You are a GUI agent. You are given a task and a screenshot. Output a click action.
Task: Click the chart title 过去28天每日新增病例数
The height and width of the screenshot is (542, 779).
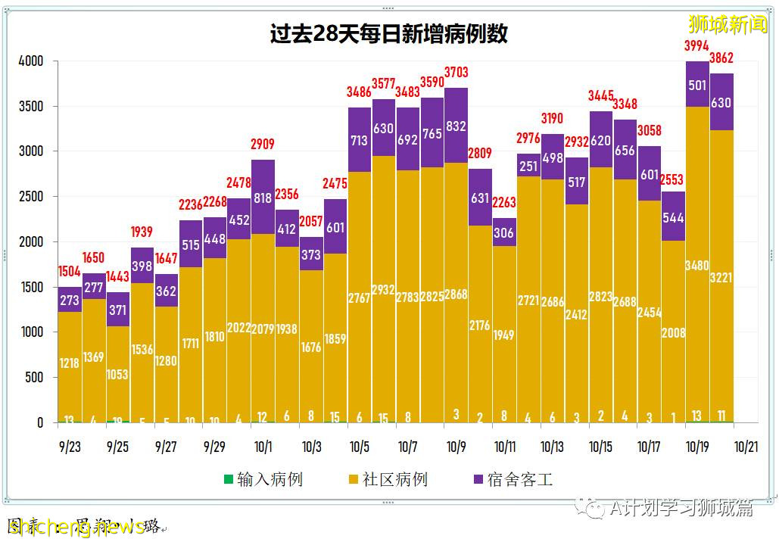[x=388, y=35]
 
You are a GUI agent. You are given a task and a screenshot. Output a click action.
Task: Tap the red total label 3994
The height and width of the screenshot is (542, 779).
[x=696, y=46]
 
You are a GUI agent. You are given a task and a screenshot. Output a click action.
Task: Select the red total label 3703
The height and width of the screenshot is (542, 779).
[x=456, y=73]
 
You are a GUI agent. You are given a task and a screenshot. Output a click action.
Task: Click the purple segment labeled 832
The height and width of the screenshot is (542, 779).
[x=456, y=126]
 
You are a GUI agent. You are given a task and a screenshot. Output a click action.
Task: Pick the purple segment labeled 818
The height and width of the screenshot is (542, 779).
[x=263, y=197]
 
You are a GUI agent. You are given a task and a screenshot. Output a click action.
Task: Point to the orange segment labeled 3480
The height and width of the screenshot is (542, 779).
[x=696, y=266]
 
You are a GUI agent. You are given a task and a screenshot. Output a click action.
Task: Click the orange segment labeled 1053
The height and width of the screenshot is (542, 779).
[x=117, y=375]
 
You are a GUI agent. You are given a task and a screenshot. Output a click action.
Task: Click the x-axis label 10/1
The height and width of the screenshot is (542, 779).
[x=263, y=447]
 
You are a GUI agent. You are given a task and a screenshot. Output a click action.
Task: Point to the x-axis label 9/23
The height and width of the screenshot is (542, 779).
[x=70, y=447]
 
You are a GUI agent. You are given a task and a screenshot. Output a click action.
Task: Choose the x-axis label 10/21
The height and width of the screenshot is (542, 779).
[x=746, y=447]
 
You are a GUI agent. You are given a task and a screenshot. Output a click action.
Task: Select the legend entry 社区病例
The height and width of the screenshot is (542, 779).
[x=387, y=480]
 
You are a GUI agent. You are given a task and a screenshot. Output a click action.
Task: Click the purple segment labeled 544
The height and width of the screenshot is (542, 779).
[x=672, y=217]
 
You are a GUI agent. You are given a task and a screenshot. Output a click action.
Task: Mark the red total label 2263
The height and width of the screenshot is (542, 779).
[x=503, y=202]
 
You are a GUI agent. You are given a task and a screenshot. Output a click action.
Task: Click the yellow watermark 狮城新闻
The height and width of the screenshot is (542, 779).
[x=727, y=25]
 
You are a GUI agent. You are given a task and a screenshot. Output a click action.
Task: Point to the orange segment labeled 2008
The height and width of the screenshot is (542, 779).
[x=672, y=333]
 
